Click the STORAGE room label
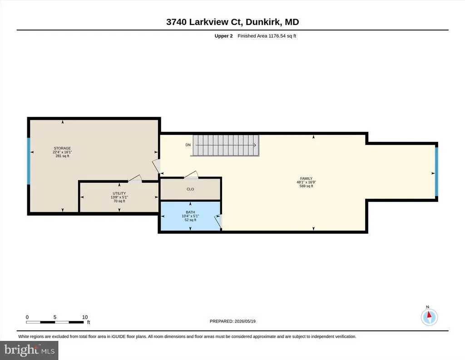click(x=62, y=148)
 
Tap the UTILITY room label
click(x=119, y=193)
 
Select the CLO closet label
click(x=190, y=189)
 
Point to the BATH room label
click(x=190, y=212)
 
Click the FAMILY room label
click(x=307, y=179)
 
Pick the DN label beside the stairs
click(x=188, y=145)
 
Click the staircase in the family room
click(x=226, y=145)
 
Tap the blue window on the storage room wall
click(x=29, y=160)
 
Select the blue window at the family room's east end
click(x=436, y=171)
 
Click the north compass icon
click(x=429, y=317)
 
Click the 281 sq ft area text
click(x=62, y=156)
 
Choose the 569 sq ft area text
click(x=307, y=186)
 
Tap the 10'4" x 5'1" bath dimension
click(x=190, y=216)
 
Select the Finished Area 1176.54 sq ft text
click(x=267, y=36)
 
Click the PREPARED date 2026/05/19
click(x=232, y=321)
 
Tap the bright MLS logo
click(x=29, y=350)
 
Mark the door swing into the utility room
click(x=135, y=178)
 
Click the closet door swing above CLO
click(x=191, y=175)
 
